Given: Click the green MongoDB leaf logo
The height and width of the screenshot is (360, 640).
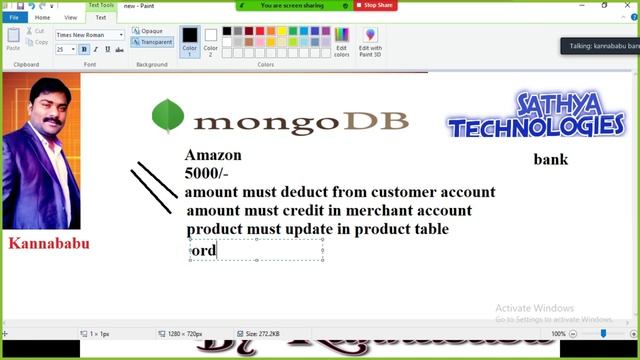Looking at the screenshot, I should [x=167, y=118].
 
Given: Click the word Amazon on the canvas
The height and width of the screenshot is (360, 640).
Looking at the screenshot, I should [x=213, y=155].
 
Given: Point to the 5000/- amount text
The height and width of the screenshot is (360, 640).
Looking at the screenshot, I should [x=206, y=173].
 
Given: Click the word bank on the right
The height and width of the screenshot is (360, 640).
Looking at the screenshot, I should [x=550, y=159].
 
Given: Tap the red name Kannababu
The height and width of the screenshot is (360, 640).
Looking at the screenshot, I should [x=48, y=243].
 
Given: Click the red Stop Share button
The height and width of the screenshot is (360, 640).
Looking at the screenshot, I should [x=375, y=5].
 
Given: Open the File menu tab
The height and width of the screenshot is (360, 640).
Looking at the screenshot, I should [x=14, y=17].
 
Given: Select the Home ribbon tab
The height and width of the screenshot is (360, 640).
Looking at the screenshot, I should [x=42, y=17].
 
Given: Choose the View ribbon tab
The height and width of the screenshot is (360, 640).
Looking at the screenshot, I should [x=70, y=17].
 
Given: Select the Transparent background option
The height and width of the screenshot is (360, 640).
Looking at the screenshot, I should [x=153, y=42].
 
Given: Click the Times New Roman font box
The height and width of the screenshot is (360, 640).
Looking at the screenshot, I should [x=89, y=35].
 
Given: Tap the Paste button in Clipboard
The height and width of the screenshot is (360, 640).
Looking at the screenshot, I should [x=13, y=40].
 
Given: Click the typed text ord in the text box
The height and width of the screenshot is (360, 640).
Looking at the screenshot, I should [x=204, y=250].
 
